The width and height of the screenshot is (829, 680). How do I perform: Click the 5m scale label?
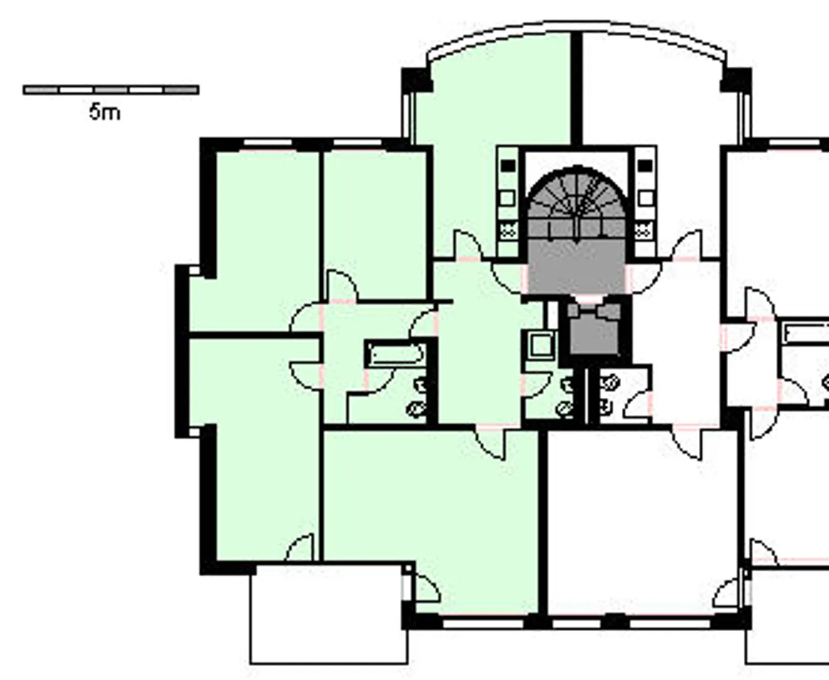(105, 112)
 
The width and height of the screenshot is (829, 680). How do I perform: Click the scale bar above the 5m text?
(111, 90)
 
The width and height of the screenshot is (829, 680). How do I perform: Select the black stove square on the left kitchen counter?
(507, 166)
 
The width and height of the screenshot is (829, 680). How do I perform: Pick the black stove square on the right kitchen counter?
(645, 166)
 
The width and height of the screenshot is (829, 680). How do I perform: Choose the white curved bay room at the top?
(651, 98)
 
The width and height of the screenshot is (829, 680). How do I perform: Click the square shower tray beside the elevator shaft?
(541, 345)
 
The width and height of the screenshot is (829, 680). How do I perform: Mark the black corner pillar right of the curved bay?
(736, 79)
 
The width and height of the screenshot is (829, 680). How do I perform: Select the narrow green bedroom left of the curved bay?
(374, 225)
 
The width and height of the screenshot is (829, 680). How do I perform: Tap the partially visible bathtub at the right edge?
(806, 334)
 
